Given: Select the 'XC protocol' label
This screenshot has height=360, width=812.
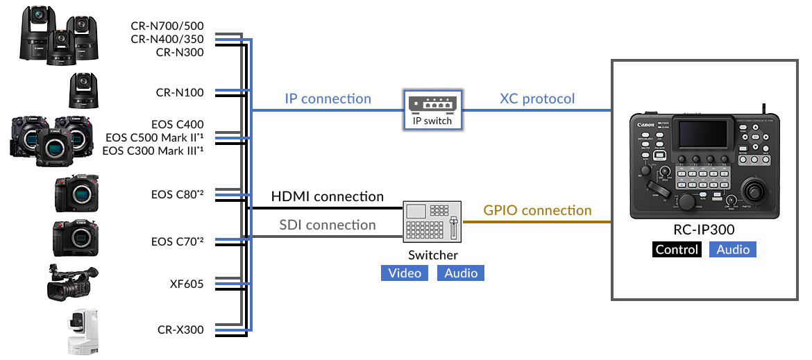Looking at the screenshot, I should (537, 98).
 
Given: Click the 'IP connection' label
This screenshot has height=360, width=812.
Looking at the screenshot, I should (328, 98).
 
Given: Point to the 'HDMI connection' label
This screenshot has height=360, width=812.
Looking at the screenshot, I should (328, 197).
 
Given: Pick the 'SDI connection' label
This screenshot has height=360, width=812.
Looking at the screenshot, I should (328, 225).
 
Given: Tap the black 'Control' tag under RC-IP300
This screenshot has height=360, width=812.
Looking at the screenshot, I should (677, 250).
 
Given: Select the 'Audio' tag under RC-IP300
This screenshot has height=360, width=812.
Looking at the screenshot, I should (733, 250).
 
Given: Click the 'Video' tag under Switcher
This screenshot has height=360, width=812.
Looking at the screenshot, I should (405, 273).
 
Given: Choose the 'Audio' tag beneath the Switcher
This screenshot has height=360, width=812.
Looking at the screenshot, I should (461, 273).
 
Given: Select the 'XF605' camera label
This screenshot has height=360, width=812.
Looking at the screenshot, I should (186, 283).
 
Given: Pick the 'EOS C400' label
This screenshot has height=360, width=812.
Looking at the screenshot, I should (178, 125).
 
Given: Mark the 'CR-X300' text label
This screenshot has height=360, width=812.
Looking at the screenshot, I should (180, 329).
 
